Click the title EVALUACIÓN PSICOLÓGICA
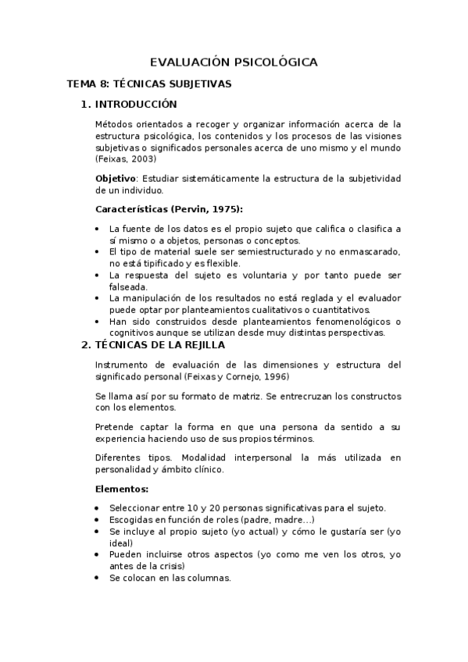pyautogui.click(x=234, y=62)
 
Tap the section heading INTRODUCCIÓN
pyautogui.click(x=136, y=105)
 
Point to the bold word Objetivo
pyautogui.click(x=116, y=179)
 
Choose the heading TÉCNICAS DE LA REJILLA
pyautogui.click(x=159, y=344)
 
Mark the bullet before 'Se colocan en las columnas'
pyautogui.click(x=96, y=578)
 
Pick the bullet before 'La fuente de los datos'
pyautogui.click(x=96, y=229)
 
